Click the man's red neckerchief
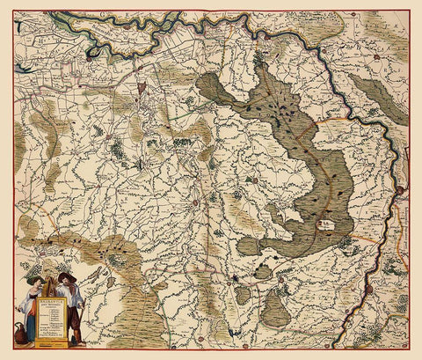pyautogui.click(x=70, y=289)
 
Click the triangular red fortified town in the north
pyautogui.click(x=138, y=66)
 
